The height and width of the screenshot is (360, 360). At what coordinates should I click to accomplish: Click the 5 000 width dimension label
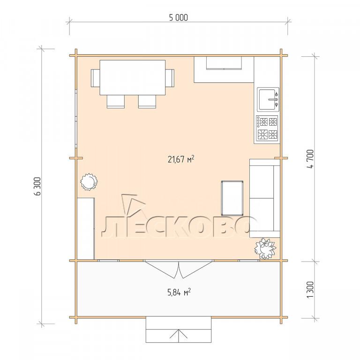(x=179, y=18)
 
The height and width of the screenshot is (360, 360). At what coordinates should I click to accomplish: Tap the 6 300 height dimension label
(x=37, y=186)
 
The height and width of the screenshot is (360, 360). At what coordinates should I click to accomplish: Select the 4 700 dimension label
(x=310, y=158)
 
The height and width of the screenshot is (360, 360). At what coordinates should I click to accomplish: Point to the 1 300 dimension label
(x=310, y=290)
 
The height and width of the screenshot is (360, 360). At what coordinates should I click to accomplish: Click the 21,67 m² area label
(x=181, y=159)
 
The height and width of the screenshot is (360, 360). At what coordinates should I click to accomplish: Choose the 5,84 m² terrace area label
(x=180, y=292)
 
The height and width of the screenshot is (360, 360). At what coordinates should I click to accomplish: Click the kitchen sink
(x=268, y=99)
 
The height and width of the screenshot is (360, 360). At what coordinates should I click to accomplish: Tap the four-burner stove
(x=267, y=129)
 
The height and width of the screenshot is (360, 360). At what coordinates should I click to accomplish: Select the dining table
(x=133, y=78)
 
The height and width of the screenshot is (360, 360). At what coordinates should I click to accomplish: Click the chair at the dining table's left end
(x=95, y=78)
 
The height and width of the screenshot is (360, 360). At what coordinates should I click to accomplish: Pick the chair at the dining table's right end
(x=170, y=78)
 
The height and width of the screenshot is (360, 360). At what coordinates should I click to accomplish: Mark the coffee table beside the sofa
(x=232, y=198)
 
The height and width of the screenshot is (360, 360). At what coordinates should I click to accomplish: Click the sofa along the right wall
(x=265, y=198)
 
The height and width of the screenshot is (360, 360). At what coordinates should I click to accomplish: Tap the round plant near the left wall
(x=89, y=182)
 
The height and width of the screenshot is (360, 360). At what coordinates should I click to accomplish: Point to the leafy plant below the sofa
(x=265, y=248)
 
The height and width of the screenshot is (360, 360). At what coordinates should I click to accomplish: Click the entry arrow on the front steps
(x=179, y=334)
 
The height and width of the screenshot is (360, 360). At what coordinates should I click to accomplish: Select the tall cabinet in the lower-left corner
(x=86, y=229)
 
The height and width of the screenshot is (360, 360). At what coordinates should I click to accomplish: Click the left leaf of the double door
(x=162, y=269)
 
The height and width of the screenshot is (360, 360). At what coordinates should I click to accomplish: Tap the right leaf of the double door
(x=196, y=269)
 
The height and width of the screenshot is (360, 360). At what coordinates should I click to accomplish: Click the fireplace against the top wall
(x=224, y=69)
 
